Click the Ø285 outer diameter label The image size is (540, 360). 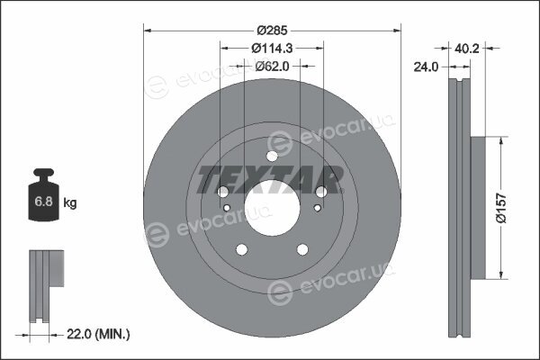272,31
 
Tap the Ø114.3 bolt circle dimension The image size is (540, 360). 272,49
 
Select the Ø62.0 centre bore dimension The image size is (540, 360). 272,66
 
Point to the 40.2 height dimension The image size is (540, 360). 466,49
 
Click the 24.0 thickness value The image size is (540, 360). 426,67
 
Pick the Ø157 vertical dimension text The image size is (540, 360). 501,208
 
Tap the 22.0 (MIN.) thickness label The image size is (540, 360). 98,334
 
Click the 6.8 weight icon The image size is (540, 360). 43,194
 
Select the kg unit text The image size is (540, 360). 70,202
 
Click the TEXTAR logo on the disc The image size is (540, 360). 270,179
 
